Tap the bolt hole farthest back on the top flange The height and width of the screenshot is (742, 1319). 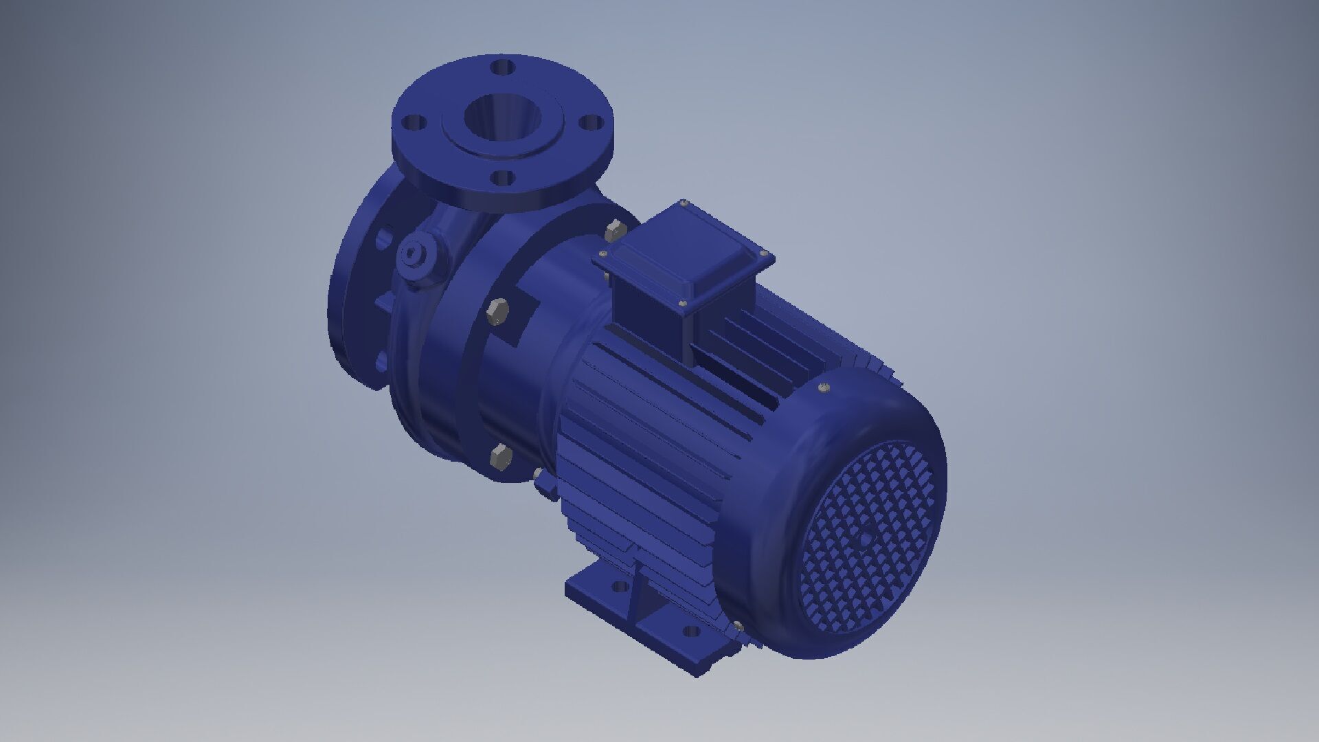pos(504,68)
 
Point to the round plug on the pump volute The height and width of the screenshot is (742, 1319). pos(412,254)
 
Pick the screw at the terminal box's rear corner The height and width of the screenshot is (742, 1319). pos(684,204)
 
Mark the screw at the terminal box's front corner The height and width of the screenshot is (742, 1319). pos(682,303)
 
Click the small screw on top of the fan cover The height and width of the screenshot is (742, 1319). pos(823,390)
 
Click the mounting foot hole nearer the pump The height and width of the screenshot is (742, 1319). pos(619,587)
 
